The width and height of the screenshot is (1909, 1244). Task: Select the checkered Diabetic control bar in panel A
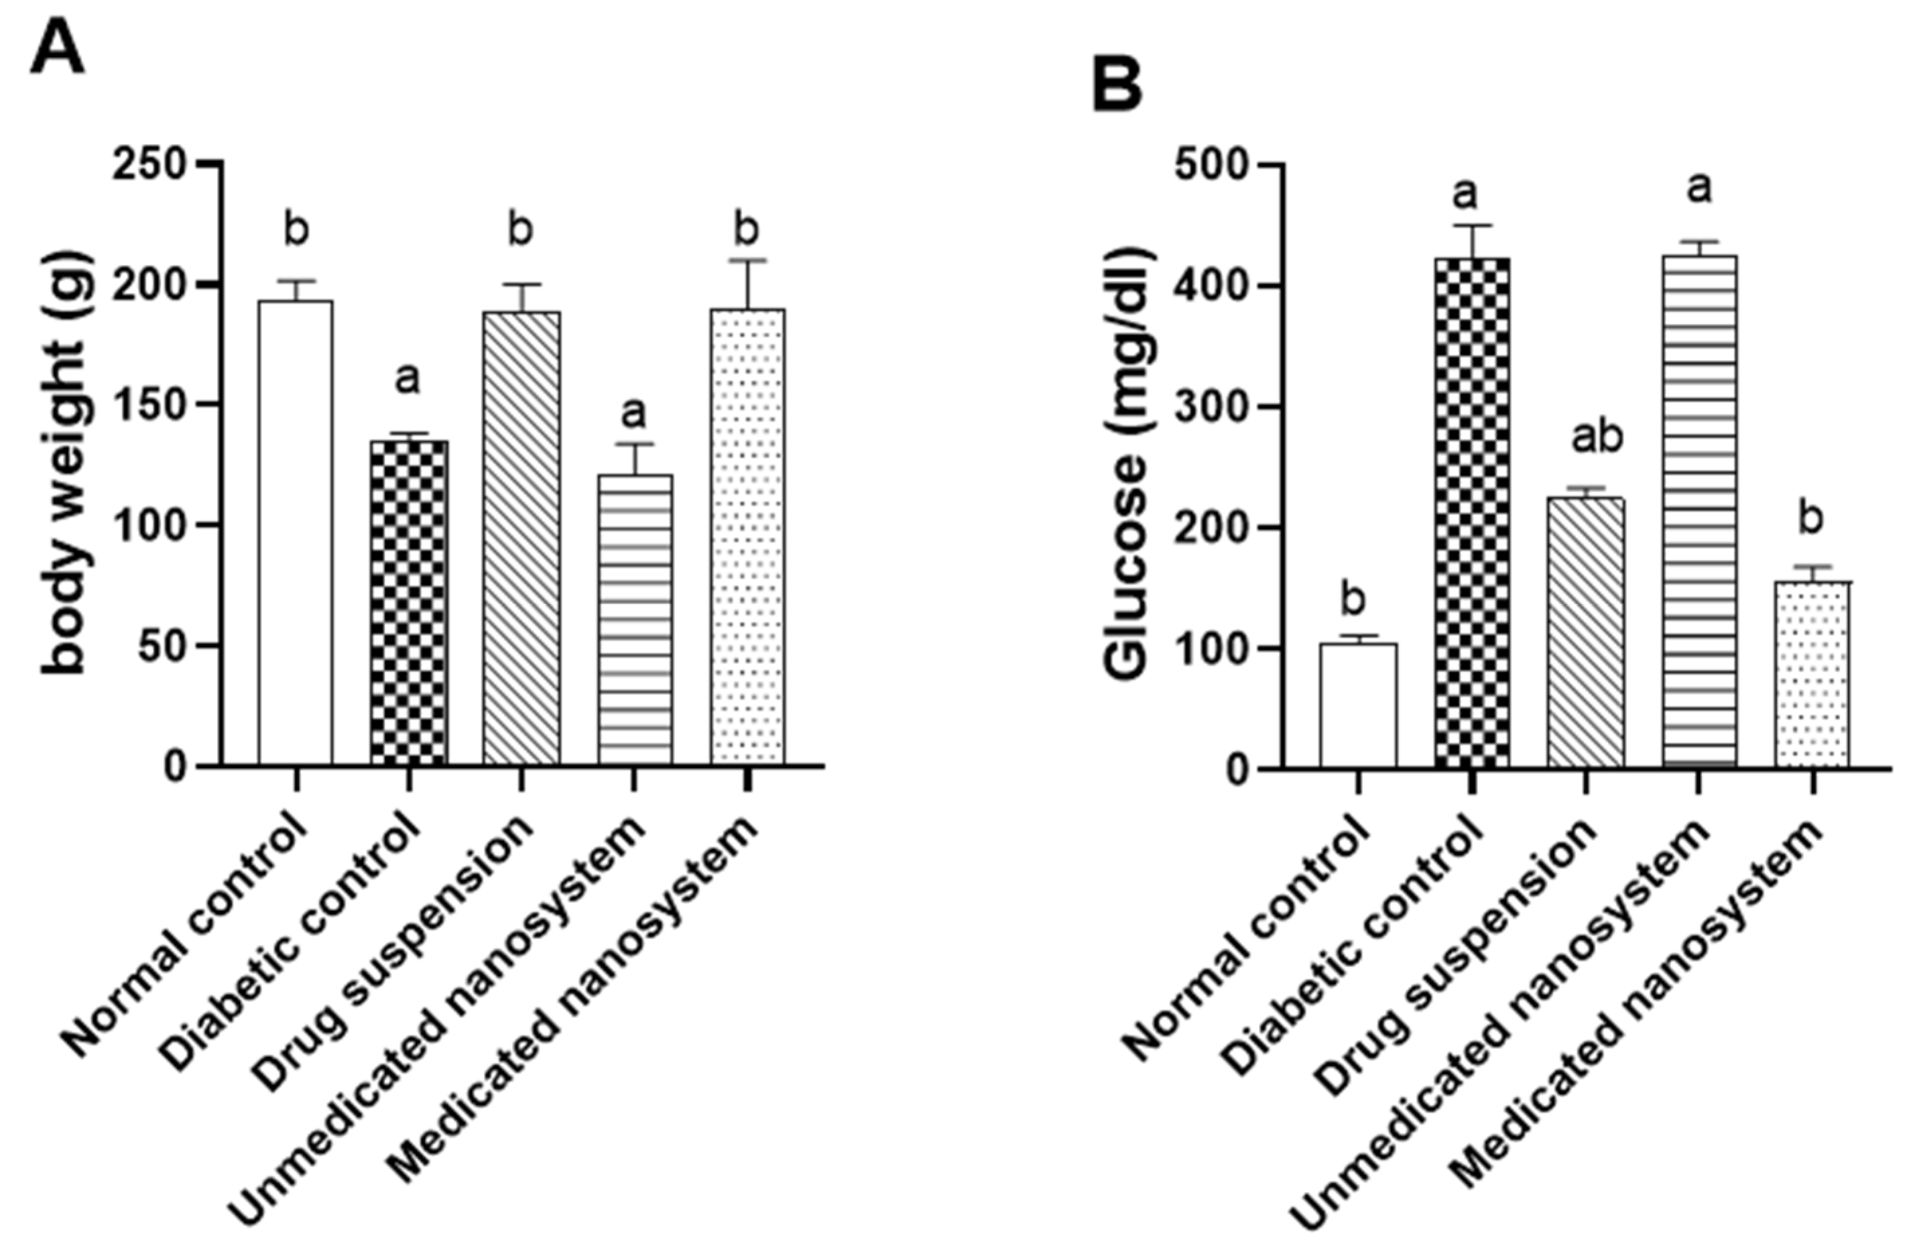[408, 602]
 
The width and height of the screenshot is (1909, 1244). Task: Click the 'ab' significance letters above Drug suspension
[1595, 437]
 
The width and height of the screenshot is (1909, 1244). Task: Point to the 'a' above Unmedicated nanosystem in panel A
[633, 412]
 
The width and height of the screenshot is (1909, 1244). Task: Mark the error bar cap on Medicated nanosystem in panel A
[747, 260]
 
